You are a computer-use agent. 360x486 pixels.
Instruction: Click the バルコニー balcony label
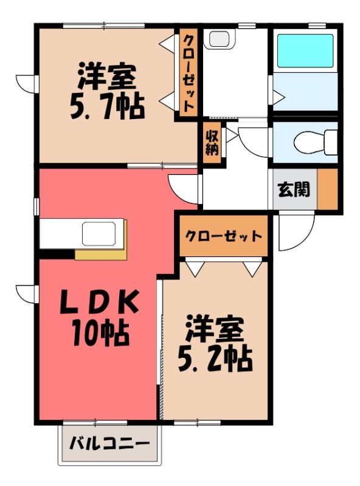[109, 443]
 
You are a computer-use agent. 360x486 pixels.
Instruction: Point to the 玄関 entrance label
[294, 189]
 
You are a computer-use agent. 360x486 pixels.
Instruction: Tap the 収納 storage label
[212, 143]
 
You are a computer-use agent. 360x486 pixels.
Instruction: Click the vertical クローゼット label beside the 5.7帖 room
[189, 74]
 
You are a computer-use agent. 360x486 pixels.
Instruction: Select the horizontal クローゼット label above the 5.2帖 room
[223, 236]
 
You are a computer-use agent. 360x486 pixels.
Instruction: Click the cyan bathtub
[305, 51]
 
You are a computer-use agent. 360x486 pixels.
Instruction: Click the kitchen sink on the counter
[99, 234]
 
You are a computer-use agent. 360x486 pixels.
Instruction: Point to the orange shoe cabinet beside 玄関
[327, 189]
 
